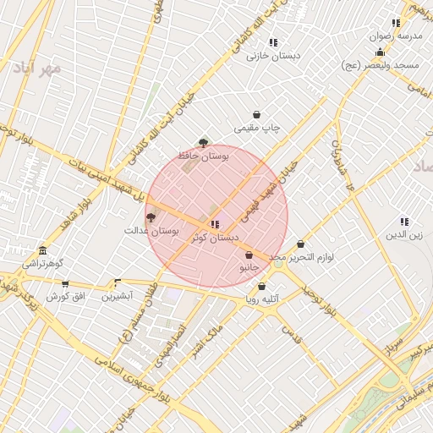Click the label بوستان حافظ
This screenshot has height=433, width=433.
click(200, 156)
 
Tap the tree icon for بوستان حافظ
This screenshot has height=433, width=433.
click(202, 143)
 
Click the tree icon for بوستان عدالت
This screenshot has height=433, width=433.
click(151, 217)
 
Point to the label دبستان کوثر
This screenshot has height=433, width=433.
click(218, 238)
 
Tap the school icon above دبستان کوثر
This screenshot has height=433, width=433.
click(215, 225)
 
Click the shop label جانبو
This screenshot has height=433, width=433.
click(249, 267)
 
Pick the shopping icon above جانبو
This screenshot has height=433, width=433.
click(249, 255)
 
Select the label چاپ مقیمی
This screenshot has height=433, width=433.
click(257, 128)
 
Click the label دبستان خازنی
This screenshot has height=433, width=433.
click(268, 56)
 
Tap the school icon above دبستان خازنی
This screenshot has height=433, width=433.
click(272, 42)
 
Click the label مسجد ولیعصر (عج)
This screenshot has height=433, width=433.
click(381, 65)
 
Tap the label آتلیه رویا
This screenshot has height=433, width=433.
click(262, 299)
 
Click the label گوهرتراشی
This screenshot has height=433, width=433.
click(42, 264)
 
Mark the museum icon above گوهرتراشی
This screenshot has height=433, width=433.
click(42, 251)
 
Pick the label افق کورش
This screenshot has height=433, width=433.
click(67, 297)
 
